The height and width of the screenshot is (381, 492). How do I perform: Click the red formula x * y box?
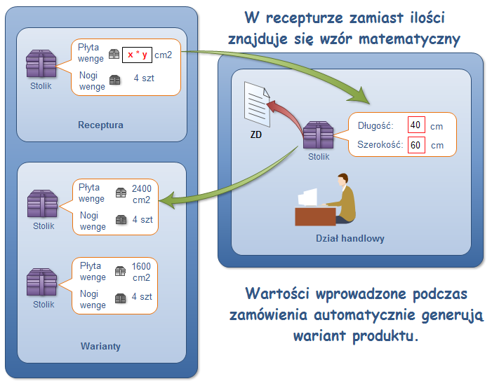point(137,55)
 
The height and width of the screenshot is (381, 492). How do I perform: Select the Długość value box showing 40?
point(415,126)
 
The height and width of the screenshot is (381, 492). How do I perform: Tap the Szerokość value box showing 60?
point(415,145)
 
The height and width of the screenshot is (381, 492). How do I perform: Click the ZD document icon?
point(256,104)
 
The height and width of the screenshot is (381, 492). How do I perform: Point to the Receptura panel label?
point(100,125)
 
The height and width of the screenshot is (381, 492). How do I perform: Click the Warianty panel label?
point(100,346)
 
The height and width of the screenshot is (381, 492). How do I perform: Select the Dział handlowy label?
point(350,238)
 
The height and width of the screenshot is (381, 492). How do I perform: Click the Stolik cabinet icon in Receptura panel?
point(41,64)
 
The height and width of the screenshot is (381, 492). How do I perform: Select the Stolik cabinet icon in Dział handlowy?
point(318,134)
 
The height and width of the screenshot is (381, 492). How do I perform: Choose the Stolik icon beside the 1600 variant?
point(42,282)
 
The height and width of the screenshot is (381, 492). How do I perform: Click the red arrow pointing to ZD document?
point(281,111)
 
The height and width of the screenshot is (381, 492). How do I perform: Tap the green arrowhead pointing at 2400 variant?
point(168,202)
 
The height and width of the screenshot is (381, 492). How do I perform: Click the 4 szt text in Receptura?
point(144,78)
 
